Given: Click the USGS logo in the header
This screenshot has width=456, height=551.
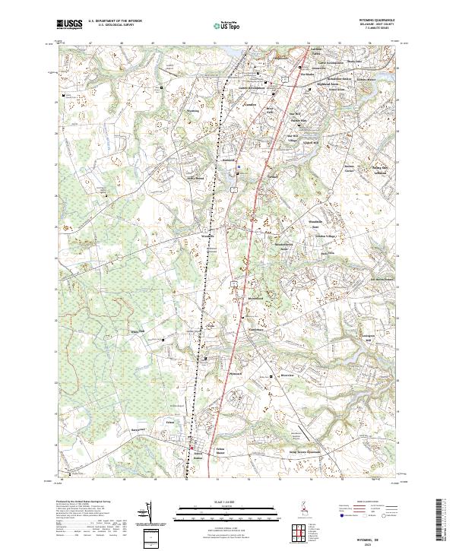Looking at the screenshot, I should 69,25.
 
